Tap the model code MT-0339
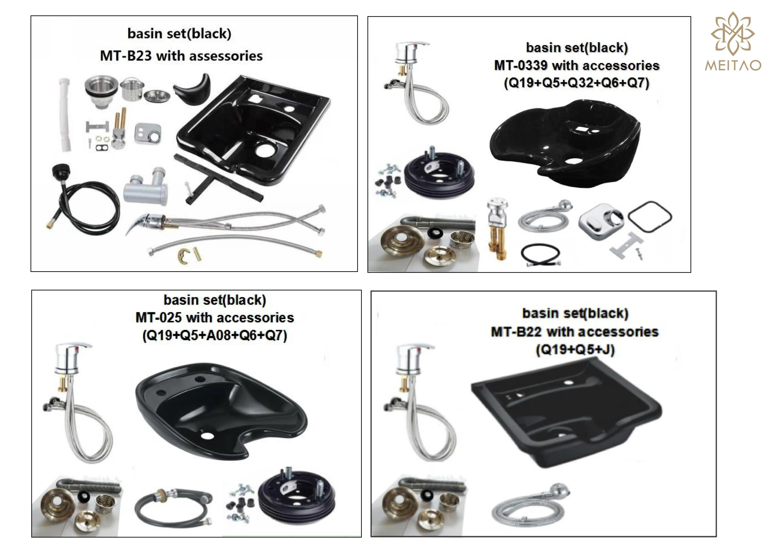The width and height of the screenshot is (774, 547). click(521, 65)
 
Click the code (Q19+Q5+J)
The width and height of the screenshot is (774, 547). click(575, 350)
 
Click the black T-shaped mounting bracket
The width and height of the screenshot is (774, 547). click(216, 180)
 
